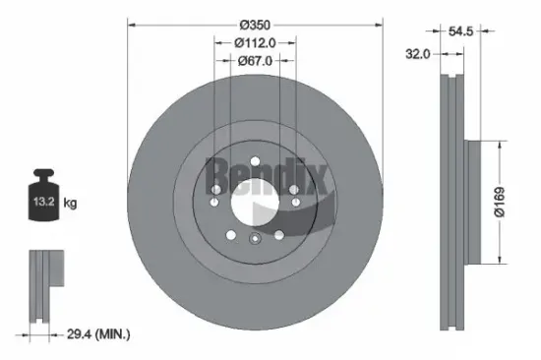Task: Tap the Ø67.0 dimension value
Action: point(255,61)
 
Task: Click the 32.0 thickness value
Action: point(418,54)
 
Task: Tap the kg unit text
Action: point(70,203)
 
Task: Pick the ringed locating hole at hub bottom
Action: point(255,239)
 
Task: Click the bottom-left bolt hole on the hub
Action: point(230,234)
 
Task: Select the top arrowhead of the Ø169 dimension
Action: point(502,145)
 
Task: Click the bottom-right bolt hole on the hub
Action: point(279,234)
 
